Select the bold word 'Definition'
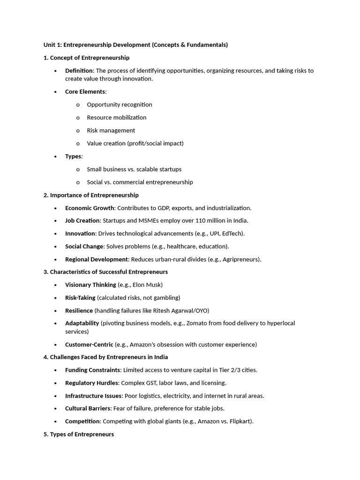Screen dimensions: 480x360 pos(79,71)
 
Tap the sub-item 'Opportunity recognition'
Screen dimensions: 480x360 pos(120,105)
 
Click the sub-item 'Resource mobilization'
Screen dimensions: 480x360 pos(117,118)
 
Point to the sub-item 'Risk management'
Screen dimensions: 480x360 pos(111,130)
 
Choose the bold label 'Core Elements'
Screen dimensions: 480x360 pos(85,92)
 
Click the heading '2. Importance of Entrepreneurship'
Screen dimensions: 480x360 pos(91,195)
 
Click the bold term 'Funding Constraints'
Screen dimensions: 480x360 pos(92,370)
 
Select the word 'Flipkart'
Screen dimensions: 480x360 pos(239,421)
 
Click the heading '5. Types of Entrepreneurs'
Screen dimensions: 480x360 pos(79,435)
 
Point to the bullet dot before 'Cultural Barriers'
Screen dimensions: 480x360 pos(55,409)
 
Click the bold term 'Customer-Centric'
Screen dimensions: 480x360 pos(89,345)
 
